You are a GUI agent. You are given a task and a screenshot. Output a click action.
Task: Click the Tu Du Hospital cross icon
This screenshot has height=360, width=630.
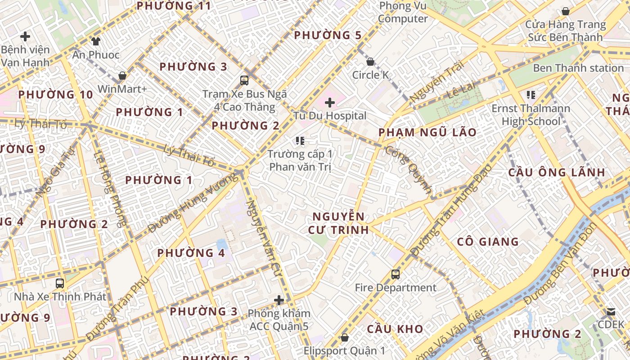pos(330,103)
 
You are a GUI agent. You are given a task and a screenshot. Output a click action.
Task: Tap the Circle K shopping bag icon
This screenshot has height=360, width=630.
pos(370,62)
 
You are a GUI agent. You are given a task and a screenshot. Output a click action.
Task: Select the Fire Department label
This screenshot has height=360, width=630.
pos(396,288)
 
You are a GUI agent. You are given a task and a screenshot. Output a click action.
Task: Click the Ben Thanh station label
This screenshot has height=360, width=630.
pos(578,68)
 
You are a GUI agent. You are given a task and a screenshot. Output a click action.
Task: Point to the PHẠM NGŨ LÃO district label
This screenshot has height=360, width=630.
pos(427,132)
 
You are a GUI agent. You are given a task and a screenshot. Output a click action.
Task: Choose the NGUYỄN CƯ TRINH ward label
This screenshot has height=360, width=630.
pos(338,223)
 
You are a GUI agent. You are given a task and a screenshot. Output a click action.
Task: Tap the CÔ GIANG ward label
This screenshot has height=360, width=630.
pos(488,242)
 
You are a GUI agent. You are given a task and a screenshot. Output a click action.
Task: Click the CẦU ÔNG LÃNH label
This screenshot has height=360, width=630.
pos(557,172)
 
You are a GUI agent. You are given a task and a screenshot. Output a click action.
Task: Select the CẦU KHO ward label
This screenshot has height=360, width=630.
pos(395,328)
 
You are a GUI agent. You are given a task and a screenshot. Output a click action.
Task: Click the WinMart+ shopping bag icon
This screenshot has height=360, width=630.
pos(122,76)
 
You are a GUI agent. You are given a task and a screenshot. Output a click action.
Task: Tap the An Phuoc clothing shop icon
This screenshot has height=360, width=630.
pos(96,41)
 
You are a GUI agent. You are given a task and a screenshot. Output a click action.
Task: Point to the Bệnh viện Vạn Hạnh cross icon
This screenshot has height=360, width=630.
pos(25,36)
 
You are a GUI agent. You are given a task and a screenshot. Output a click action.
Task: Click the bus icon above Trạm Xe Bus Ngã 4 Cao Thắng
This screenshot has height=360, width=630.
pos(244,81)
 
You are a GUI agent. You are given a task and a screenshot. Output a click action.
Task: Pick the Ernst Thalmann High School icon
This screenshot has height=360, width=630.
pos(531,95)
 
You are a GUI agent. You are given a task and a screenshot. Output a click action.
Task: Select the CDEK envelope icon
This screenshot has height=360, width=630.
pos(611,311)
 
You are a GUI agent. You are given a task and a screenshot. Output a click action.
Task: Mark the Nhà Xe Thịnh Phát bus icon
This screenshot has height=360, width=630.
pos(60,283)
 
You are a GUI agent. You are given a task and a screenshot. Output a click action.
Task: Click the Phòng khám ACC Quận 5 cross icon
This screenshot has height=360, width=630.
pos(279,300)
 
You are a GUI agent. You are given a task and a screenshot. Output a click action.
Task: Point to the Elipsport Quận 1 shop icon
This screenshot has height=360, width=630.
pos(345,337)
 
